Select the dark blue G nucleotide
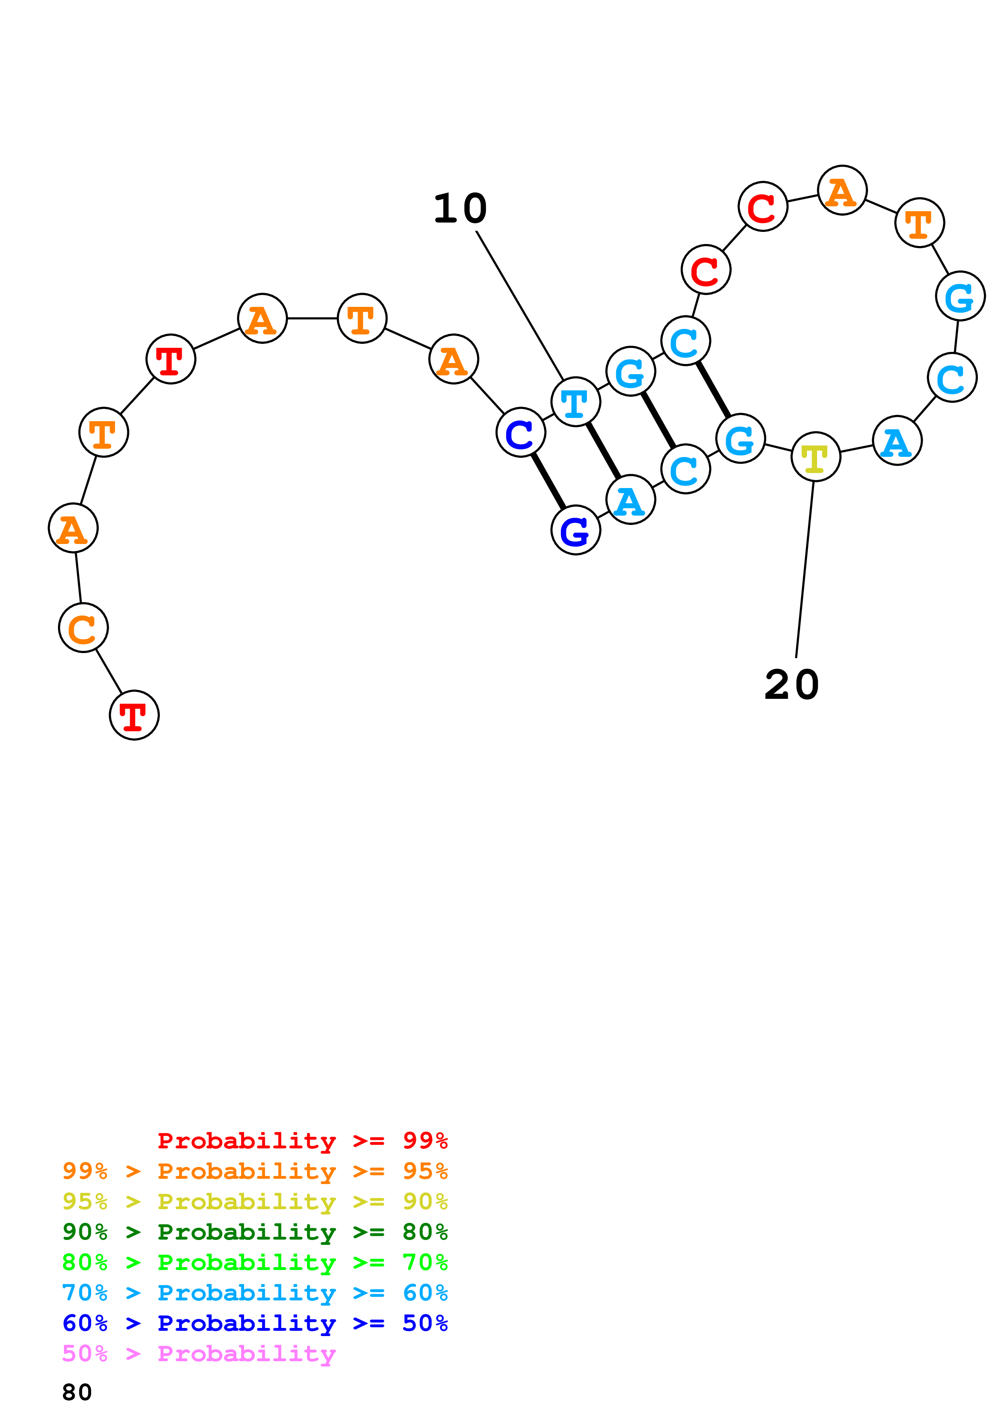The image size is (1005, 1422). (x=575, y=530)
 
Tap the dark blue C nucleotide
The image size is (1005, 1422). (x=520, y=432)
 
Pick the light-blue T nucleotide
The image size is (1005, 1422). (x=575, y=402)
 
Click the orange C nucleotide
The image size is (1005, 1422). (x=83, y=627)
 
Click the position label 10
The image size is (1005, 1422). (x=460, y=209)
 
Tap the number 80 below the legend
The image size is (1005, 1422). (x=77, y=1392)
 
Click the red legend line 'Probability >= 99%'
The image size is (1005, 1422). (x=302, y=1140)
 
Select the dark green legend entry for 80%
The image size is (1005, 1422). (x=255, y=1232)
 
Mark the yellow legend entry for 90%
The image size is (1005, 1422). (x=255, y=1201)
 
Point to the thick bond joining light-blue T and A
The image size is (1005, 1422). (x=603, y=451)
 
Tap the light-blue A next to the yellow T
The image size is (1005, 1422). (x=897, y=441)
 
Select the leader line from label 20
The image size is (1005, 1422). (x=804, y=570)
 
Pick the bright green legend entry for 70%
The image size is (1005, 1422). (x=255, y=1262)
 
